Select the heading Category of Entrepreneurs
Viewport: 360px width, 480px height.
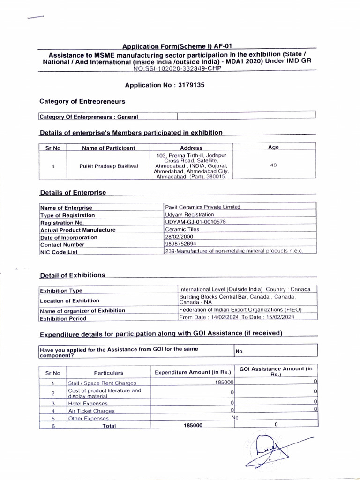[x=82, y=101]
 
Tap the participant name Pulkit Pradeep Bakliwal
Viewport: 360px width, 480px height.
[x=108, y=166]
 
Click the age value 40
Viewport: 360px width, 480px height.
[x=273, y=165]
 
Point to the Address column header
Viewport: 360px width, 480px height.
[x=191, y=148]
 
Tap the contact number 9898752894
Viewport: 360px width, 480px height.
[x=181, y=244]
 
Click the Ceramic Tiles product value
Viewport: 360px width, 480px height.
[x=182, y=229]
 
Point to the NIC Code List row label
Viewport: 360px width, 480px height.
[x=59, y=252]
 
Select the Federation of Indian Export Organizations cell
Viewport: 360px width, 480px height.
[x=240, y=310]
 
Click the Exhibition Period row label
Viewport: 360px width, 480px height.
[x=63, y=318]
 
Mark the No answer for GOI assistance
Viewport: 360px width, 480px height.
[x=239, y=350]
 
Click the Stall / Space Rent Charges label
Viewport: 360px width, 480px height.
[x=99, y=383]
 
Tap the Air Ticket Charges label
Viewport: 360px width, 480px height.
[x=91, y=411]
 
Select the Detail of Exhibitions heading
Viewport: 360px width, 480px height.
[x=73, y=275]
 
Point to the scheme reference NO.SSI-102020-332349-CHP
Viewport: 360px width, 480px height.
[x=176, y=68]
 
